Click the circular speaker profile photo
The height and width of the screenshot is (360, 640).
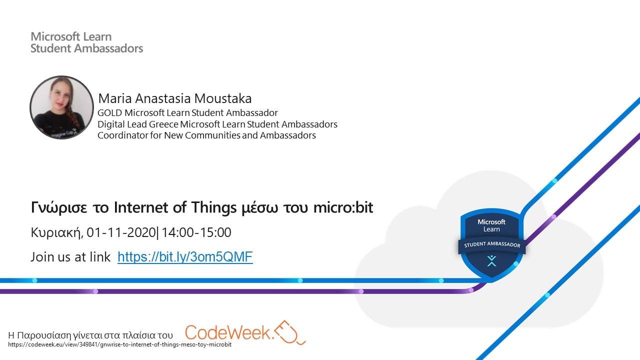61,107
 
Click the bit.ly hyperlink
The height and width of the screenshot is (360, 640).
185,257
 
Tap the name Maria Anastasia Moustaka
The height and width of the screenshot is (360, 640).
175,98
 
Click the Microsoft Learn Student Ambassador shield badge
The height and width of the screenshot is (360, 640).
491,243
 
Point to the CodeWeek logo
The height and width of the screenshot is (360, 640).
245,332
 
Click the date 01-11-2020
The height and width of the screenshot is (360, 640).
121,232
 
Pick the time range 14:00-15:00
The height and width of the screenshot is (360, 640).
196,232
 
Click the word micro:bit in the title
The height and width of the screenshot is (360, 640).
343,207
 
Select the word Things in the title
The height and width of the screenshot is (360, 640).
214,207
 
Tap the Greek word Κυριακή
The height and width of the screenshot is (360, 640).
57,233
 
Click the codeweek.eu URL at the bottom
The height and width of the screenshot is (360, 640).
119,344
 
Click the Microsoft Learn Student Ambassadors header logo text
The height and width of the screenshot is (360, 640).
86,42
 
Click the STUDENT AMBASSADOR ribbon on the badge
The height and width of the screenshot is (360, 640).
492,245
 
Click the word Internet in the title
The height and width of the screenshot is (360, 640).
141,207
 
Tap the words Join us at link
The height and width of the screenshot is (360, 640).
70,257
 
